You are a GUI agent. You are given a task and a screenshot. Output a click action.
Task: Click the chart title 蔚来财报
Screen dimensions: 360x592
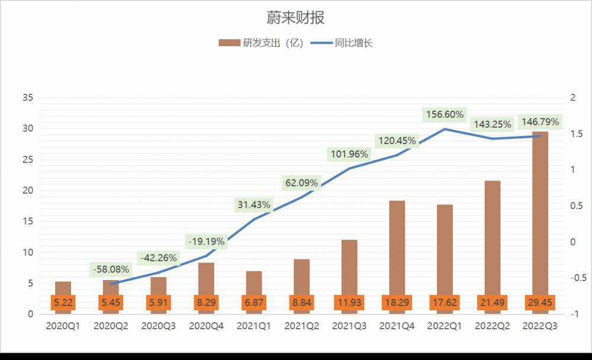[x=295, y=17]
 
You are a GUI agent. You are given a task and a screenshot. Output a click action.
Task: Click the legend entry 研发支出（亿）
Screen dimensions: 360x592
[x=261, y=43]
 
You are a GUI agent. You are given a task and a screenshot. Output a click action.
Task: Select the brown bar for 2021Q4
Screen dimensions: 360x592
[x=397, y=249]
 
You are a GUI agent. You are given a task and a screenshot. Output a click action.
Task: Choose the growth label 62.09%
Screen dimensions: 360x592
[x=302, y=183]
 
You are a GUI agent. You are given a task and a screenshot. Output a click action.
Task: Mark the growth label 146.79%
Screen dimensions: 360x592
[x=539, y=122]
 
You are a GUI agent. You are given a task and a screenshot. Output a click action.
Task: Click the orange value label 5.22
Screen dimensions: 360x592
[x=63, y=303]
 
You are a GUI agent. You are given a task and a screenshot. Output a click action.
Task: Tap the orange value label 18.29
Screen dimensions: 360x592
[x=397, y=303]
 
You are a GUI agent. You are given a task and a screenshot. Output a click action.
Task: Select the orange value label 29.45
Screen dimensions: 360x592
[x=540, y=303]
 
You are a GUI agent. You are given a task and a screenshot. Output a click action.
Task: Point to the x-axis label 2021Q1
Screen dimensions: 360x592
[x=254, y=326]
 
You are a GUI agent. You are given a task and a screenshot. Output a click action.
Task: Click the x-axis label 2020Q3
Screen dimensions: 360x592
[x=159, y=326]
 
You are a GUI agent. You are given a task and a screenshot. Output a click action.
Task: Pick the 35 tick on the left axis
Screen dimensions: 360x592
[x=27, y=98]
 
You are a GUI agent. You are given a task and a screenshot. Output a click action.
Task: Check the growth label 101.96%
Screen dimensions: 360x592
[x=349, y=155]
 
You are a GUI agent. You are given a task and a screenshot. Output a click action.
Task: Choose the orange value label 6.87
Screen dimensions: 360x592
[x=254, y=303]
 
